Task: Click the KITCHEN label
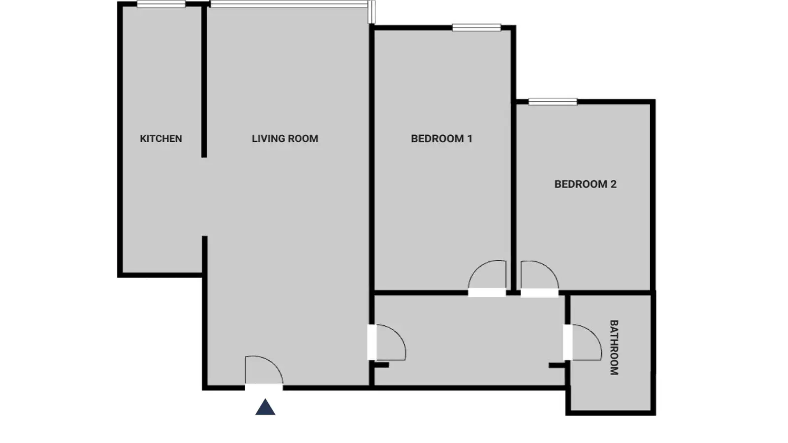click(x=161, y=138)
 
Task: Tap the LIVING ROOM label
click(x=285, y=138)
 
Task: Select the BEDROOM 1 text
click(x=441, y=138)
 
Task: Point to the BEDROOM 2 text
click(x=586, y=184)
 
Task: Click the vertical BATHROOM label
click(x=614, y=348)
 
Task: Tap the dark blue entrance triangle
click(x=265, y=407)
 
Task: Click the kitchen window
click(x=161, y=4)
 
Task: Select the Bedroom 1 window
click(x=476, y=28)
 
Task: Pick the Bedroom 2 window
click(x=553, y=101)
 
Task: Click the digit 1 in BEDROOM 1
click(x=470, y=138)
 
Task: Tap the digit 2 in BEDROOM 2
click(x=614, y=184)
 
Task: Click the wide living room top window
click(x=289, y=4)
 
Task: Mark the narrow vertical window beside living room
click(x=371, y=12)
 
